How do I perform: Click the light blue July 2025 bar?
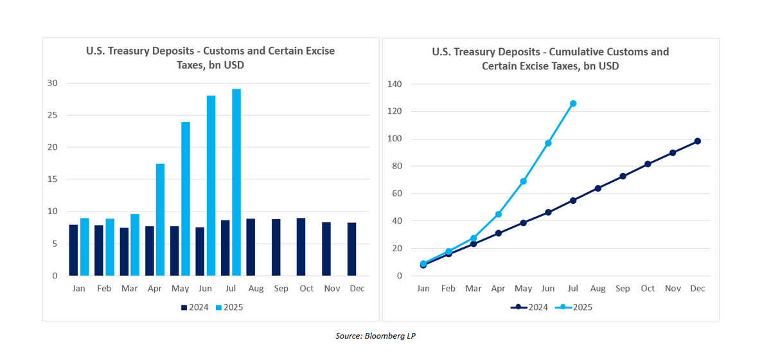[236, 183]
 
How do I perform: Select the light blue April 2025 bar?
[161, 220]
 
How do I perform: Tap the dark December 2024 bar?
[351, 249]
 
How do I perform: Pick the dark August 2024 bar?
[251, 248]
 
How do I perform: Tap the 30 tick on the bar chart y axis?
[53, 84]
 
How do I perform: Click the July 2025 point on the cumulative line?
[573, 104]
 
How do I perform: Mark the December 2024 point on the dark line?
[698, 141]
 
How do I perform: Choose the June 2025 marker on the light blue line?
[548, 143]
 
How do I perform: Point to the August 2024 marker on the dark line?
[598, 188]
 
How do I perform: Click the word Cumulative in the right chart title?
[557, 51]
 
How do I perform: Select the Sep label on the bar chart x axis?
[281, 289]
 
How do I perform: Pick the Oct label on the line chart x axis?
[648, 289]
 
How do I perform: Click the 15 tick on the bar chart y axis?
[53, 179]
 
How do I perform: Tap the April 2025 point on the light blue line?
[498, 214]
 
